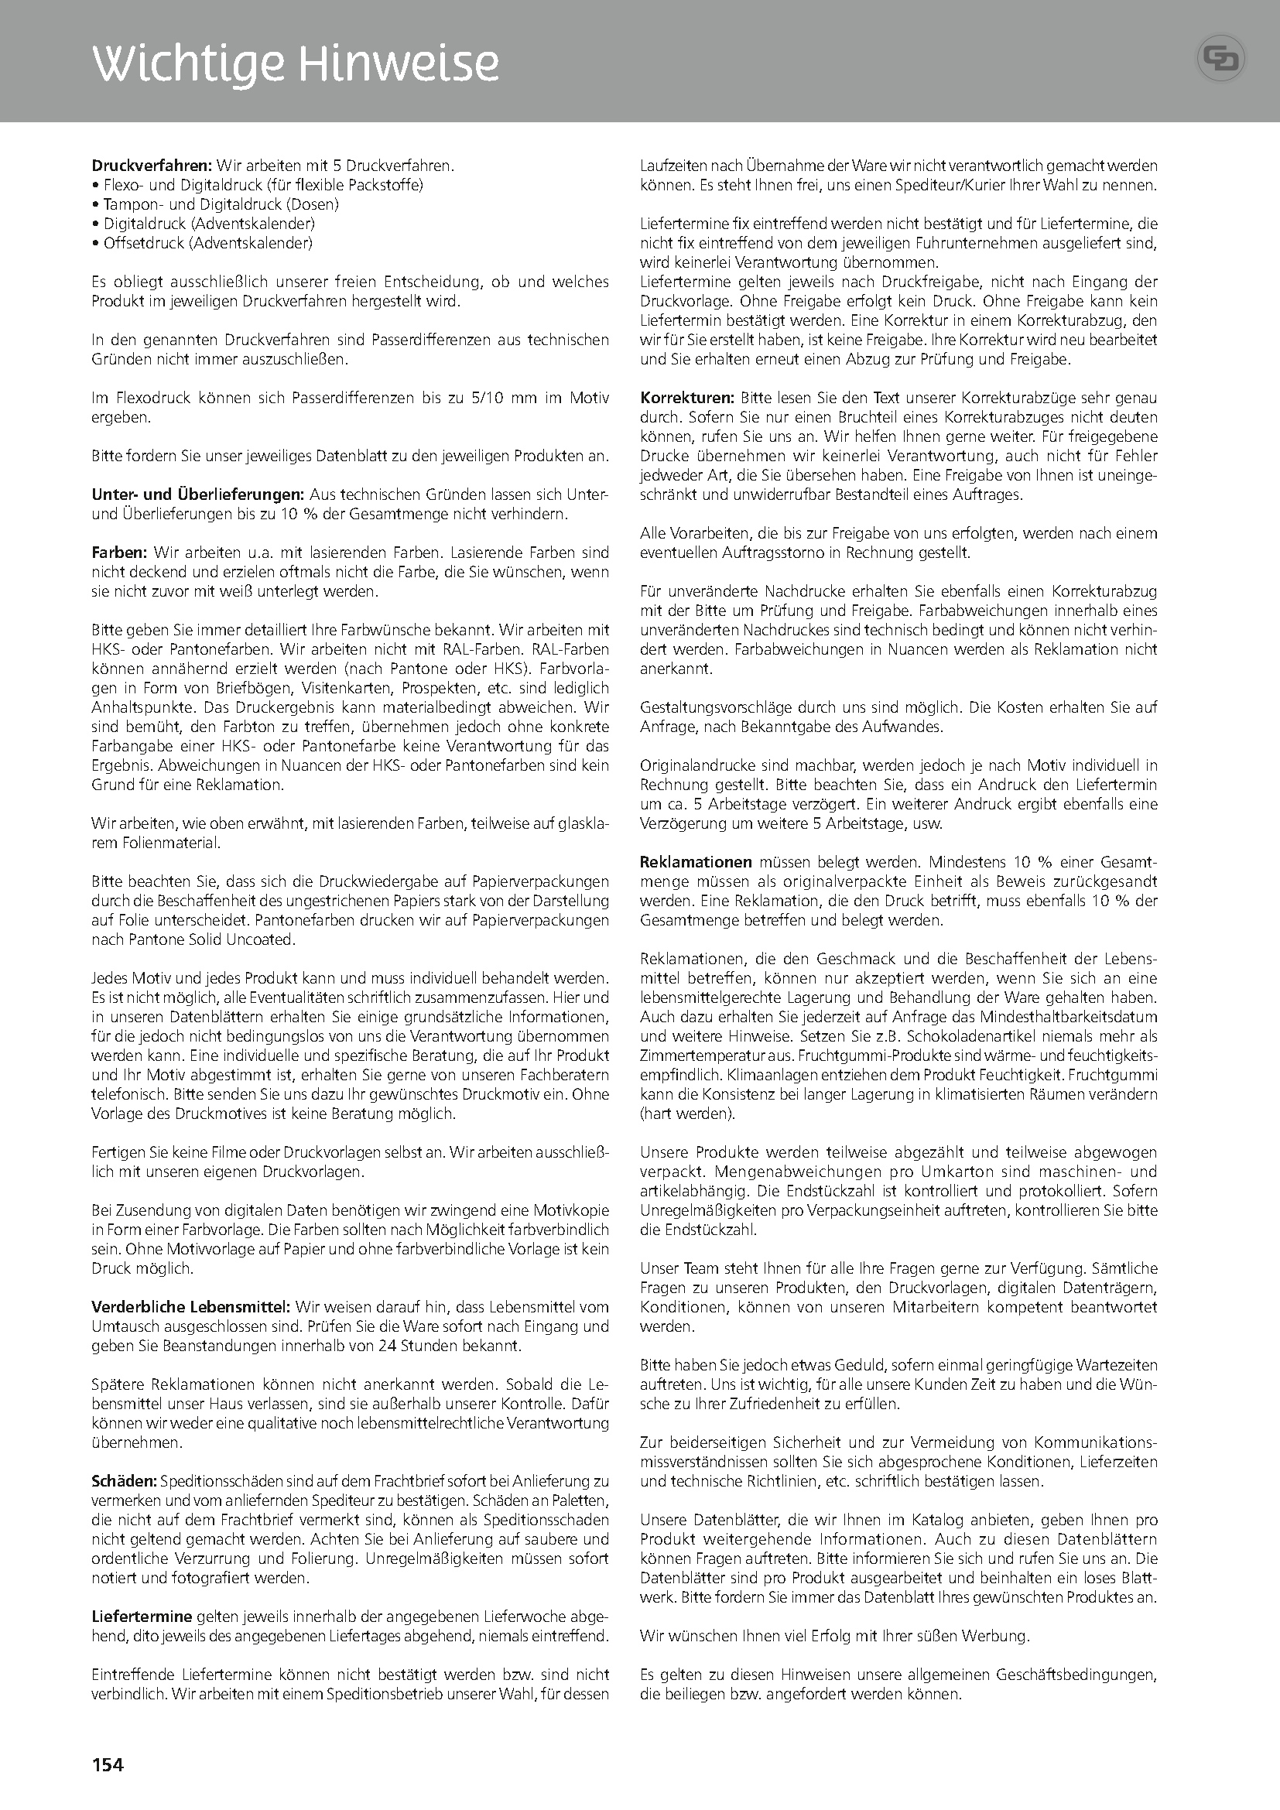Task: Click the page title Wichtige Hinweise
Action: pos(296,64)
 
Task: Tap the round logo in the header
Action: pos(1221,60)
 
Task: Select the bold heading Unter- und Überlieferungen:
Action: pos(198,495)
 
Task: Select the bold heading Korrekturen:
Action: pos(687,397)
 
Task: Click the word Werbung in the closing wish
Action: pos(1001,1637)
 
